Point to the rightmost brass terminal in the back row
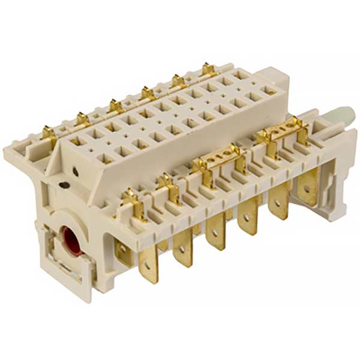coord(208,70)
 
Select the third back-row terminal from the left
coord(116,106)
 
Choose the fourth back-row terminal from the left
coord(147,92)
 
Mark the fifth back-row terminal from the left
coord(178,80)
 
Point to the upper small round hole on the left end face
coord(76,170)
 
